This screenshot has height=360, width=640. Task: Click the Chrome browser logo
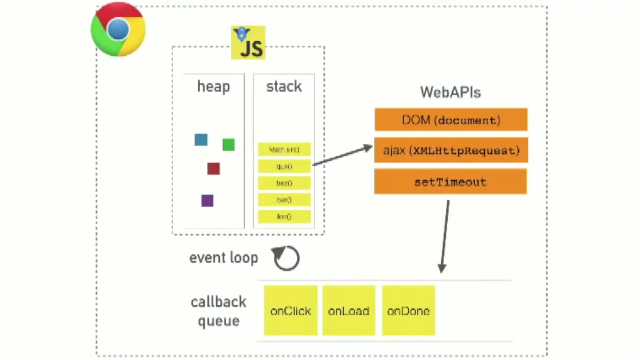(118, 30)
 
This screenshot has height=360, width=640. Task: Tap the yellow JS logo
(248, 43)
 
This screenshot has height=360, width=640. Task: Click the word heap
(213, 87)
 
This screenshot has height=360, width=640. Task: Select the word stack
(284, 87)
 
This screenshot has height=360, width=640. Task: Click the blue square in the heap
(201, 140)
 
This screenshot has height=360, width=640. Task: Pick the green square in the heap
(228, 145)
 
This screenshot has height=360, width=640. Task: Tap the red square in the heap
(213, 169)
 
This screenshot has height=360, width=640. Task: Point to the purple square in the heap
(207, 201)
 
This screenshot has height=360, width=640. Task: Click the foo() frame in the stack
(284, 217)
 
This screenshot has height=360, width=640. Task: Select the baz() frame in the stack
(284, 183)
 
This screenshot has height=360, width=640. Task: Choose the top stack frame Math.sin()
(284, 149)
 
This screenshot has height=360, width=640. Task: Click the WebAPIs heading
(450, 92)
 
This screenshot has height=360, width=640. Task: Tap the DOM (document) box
(451, 120)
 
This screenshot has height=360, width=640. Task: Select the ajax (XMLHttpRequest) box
(451, 150)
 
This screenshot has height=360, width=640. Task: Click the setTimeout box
(450, 182)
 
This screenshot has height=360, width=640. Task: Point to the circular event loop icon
(286, 258)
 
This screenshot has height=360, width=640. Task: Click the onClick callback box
(291, 311)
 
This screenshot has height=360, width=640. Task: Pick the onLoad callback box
(348, 311)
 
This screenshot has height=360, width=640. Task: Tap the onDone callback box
(408, 311)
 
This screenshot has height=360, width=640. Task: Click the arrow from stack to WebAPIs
(342, 155)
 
